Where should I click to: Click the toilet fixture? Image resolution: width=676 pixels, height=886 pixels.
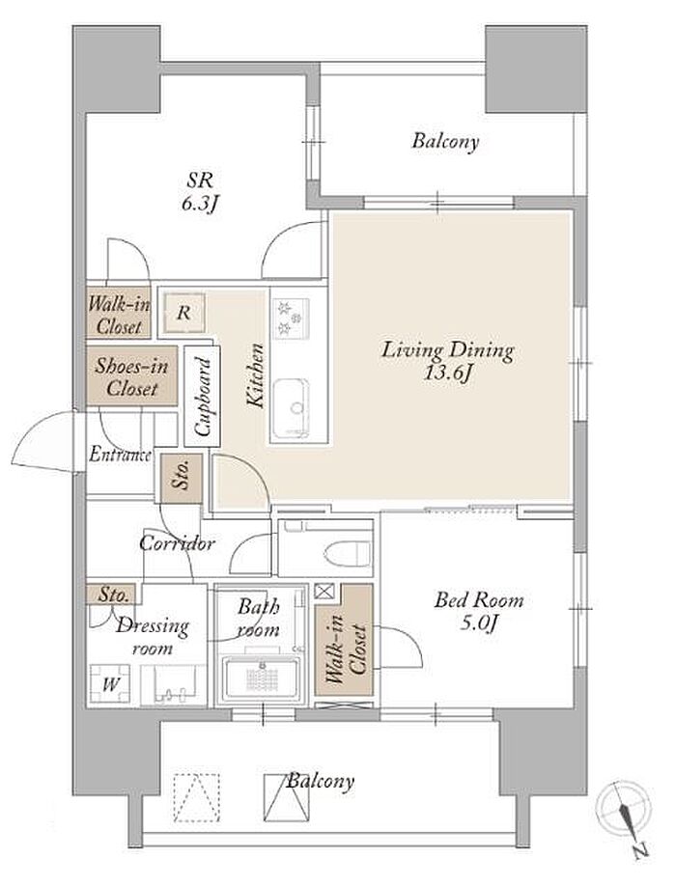(349, 552)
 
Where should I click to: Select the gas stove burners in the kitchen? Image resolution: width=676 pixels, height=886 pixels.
(291, 318)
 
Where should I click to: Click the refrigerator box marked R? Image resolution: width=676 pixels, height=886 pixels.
(183, 313)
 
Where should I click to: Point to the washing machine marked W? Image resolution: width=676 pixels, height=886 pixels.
(111, 684)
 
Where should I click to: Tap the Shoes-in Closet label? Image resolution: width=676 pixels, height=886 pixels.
(131, 377)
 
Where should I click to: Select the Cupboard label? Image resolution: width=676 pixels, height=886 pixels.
(202, 396)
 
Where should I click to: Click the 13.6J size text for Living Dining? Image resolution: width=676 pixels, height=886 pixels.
(448, 374)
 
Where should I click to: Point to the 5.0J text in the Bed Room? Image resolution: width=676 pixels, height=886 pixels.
(479, 623)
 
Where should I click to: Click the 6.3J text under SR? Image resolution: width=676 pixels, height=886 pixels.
(200, 204)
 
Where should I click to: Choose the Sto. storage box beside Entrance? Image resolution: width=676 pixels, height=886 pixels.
(181, 478)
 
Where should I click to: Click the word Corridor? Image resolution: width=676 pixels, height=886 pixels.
(177, 543)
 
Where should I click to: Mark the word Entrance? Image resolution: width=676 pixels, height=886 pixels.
(120, 455)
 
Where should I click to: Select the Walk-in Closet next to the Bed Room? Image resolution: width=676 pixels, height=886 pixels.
(344, 640)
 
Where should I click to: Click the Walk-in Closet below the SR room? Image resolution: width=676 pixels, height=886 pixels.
(119, 315)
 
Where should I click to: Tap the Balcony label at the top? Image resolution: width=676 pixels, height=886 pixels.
(445, 141)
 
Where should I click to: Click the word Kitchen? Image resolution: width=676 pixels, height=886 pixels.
(256, 375)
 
